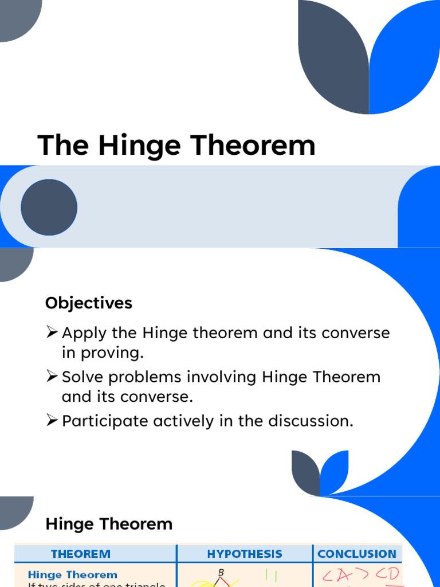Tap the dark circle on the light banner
pos(49,207)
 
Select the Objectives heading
pos(89,303)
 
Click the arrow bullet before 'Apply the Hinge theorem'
pos(52,332)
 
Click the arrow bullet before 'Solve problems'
pos(52,377)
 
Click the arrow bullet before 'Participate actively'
pos(52,421)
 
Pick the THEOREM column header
pos(81,554)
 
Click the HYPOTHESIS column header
pos(245,554)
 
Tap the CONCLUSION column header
pos(356,554)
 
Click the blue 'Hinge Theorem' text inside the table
pos(72,574)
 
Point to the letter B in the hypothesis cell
pos(221,573)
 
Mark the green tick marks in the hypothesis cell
pos(270,575)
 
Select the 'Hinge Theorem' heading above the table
pos(109,523)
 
